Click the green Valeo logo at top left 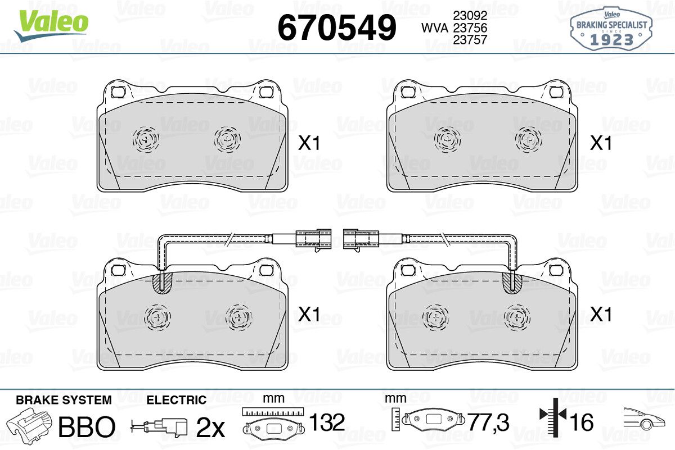pyautogui.click(x=51, y=26)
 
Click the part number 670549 pyautogui.click(x=336, y=28)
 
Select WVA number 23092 pyautogui.click(x=470, y=15)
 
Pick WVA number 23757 pyautogui.click(x=470, y=40)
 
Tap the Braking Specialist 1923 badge pyautogui.click(x=611, y=29)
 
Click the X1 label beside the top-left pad pyautogui.click(x=309, y=143)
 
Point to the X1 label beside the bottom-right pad pyautogui.click(x=601, y=315)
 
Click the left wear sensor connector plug pyautogui.click(x=313, y=239)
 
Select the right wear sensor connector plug pyautogui.click(x=361, y=239)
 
